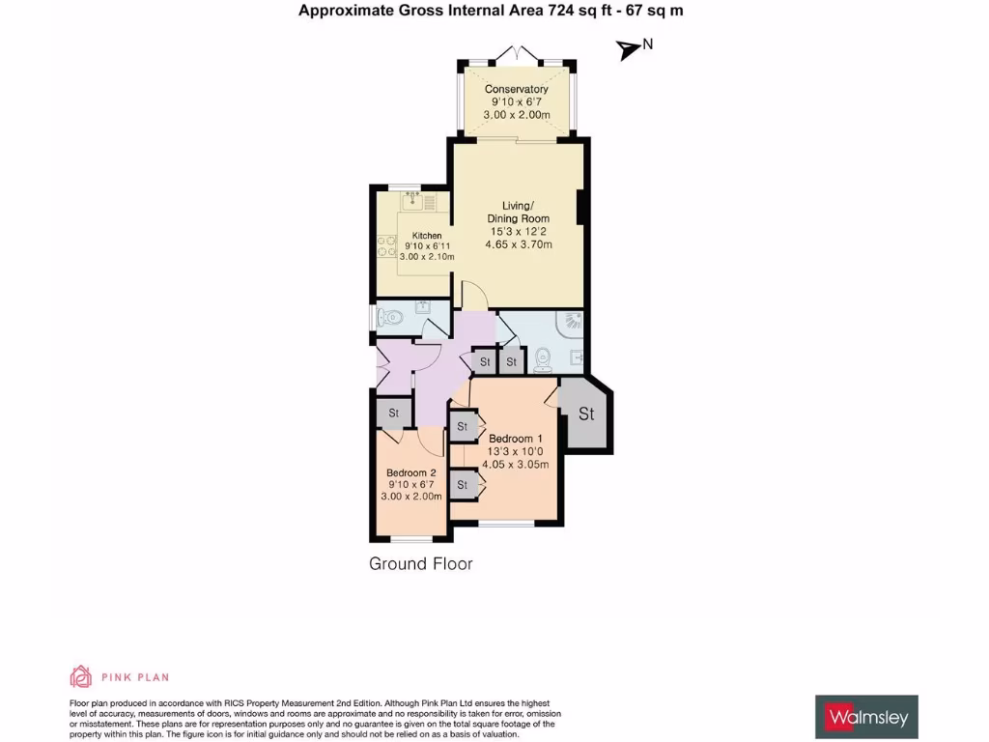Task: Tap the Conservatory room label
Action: [x=516, y=90]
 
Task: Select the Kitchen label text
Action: [x=427, y=236]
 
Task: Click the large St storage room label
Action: [x=586, y=414]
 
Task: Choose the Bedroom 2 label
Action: [x=412, y=472]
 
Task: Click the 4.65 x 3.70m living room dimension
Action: [x=519, y=245]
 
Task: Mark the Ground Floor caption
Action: [x=421, y=563]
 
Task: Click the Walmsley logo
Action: [x=866, y=717]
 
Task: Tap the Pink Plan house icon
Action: [x=81, y=676]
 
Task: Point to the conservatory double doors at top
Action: [x=516, y=54]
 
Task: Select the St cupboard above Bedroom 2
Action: [x=394, y=414]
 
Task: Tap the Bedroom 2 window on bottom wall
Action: [x=411, y=538]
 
